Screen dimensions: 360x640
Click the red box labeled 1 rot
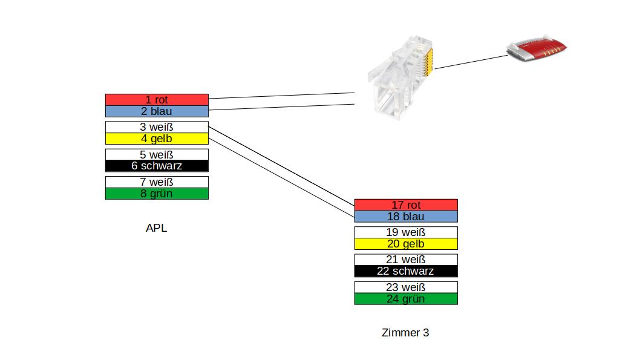[157, 99]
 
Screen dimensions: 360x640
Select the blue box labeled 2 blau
[157, 111]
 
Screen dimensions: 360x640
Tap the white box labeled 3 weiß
[157, 127]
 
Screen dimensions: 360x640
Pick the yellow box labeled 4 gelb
[157, 139]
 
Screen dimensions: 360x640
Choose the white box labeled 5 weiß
[157, 154]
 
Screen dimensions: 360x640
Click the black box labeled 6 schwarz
[157, 166]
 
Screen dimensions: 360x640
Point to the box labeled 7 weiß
[157, 182]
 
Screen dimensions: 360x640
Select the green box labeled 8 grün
[157, 194]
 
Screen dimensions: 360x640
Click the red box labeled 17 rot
[406, 205]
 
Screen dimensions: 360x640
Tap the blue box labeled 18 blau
[406, 217]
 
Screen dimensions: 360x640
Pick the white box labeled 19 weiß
[406, 232]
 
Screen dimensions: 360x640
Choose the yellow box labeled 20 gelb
[406, 244]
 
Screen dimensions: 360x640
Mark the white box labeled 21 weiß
[406, 260]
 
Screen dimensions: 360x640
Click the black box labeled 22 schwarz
[406, 271]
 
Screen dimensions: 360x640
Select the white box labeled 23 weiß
[406, 287]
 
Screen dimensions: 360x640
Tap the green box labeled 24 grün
[406, 299]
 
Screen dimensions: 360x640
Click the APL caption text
[156, 228]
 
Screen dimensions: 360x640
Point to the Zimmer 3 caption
[405, 333]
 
